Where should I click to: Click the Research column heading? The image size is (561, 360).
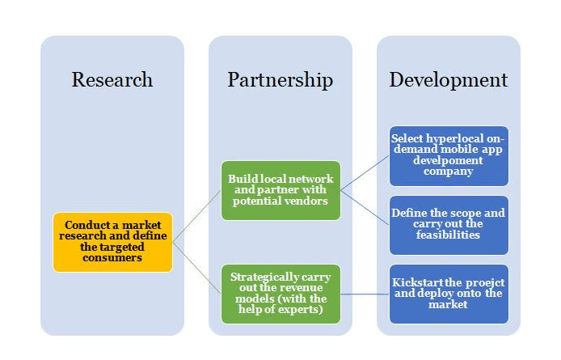(x=112, y=80)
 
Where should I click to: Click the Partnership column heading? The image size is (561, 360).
(x=280, y=80)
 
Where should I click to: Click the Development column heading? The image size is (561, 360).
(x=449, y=80)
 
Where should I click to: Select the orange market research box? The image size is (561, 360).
(x=112, y=242)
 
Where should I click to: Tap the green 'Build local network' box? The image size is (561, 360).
(x=280, y=190)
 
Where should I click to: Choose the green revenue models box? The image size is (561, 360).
(x=280, y=294)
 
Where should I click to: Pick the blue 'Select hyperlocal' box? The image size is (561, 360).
(x=449, y=155)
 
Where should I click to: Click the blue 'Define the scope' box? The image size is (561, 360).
(x=449, y=224)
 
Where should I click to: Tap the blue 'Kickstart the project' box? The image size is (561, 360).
(x=449, y=293)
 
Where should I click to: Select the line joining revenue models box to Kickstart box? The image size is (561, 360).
(x=364, y=294)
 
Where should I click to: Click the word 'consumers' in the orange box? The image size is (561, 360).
(x=113, y=257)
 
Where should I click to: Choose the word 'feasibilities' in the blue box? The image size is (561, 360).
(x=449, y=235)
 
